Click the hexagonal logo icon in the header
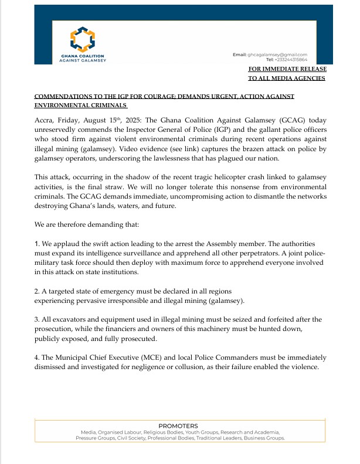coord(82,39)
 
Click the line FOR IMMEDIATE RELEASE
coord(287,69)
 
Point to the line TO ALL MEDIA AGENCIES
coord(286,79)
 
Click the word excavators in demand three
coord(65,319)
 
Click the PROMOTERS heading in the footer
coord(178,426)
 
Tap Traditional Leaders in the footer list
coord(227,438)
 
